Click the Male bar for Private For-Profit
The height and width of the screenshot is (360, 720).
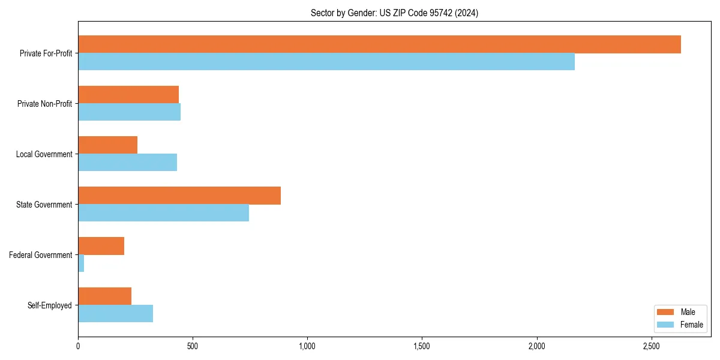(379, 44)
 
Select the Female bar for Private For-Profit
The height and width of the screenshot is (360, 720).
(326, 62)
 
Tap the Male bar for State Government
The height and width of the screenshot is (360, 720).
(179, 196)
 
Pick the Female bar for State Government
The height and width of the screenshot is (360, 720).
(163, 213)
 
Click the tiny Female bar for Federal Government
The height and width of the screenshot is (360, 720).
(81, 263)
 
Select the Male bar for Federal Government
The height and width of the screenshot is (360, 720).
(101, 246)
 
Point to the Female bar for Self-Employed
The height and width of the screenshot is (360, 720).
(115, 314)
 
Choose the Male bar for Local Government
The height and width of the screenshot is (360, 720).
(107, 145)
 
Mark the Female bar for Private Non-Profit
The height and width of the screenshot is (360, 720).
(129, 112)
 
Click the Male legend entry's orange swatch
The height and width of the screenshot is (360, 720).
(666, 312)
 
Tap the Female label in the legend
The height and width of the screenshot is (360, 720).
(692, 325)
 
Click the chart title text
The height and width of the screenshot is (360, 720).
(394, 13)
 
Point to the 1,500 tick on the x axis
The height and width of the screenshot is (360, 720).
(422, 346)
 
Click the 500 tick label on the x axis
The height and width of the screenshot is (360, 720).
(193, 346)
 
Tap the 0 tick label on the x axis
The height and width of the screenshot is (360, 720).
(78, 346)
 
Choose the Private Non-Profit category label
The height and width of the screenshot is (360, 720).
(44, 104)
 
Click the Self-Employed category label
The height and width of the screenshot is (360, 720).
(50, 305)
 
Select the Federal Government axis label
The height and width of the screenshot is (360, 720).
(41, 255)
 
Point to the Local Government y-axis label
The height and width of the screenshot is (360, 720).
(44, 154)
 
